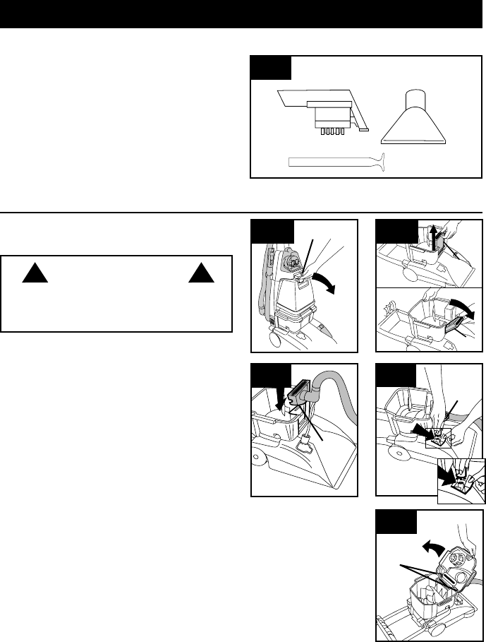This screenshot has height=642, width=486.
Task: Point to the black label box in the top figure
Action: pyautogui.click(x=272, y=68)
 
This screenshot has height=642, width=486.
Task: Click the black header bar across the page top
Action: pyautogui.click(x=243, y=15)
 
